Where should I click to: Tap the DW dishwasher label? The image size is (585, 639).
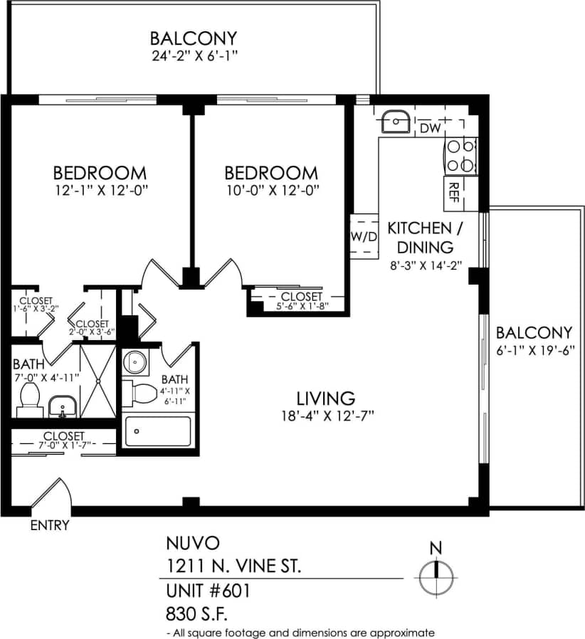430,128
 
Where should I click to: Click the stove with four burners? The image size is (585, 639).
460,156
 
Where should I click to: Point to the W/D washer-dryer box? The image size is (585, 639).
363,236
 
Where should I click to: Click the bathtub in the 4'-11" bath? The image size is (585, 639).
157,431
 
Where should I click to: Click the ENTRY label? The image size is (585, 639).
50,526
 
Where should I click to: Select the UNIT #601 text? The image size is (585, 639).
208,591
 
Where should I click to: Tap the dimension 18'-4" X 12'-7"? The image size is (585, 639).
327,416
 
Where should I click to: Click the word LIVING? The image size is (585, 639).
326,398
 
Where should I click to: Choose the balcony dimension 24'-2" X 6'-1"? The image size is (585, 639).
193,56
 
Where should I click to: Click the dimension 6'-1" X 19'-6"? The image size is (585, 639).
534,351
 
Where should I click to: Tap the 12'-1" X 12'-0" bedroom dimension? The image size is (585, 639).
100,190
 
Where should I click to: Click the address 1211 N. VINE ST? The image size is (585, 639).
234,566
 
